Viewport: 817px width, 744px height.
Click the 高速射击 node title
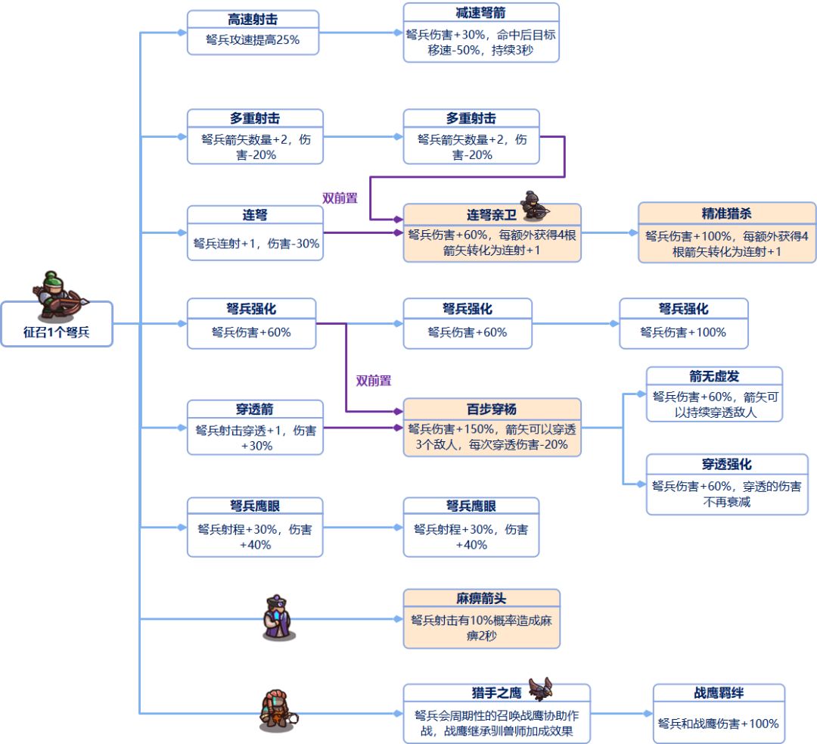click(x=253, y=20)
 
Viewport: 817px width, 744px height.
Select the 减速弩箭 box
click(x=481, y=33)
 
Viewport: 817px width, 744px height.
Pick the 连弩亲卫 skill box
click(x=492, y=233)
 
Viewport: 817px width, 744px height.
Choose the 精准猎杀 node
click(x=727, y=232)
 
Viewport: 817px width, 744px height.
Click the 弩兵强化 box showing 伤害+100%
click(x=683, y=323)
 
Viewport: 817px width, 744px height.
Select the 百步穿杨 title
click(x=492, y=409)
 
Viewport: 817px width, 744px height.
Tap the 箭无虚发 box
click(x=714, y=394)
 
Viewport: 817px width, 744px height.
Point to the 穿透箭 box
click(x=255, y=428)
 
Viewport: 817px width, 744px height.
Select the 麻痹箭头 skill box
click(x=481, y=619)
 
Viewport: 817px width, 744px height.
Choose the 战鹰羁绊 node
click(x=719, y=714)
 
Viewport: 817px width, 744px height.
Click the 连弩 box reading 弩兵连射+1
click(x=255, y=233)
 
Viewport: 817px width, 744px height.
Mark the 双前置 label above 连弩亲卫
click(x=340, y=198)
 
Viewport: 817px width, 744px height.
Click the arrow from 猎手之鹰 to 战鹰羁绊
click(x=620, y=714)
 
